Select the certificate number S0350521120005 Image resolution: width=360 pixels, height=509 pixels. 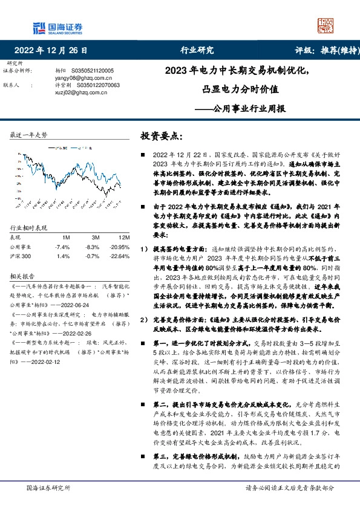(96, 71)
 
